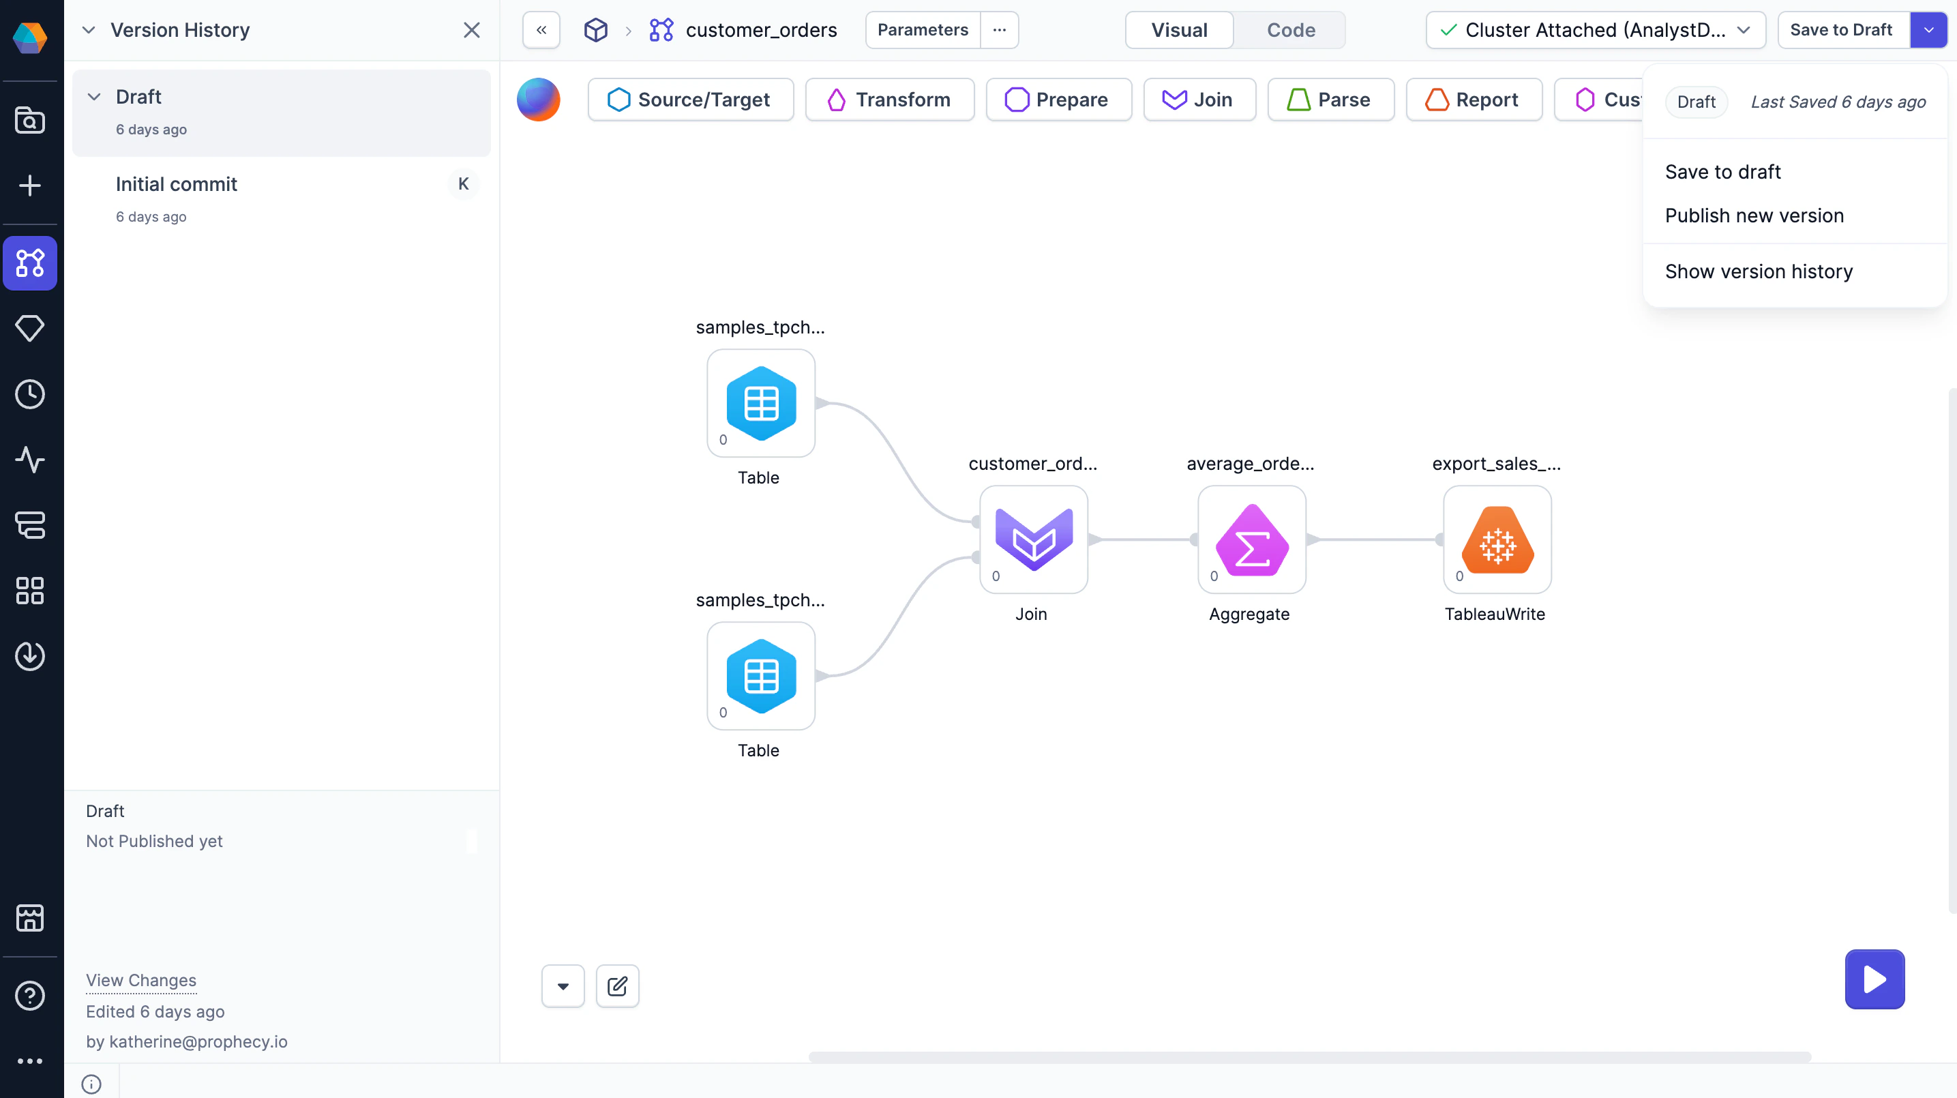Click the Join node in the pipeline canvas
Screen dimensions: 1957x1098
[x=1033, y=539]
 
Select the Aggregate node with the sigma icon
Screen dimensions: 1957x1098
[x=1251, y=539]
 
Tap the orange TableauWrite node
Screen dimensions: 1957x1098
[x=1497, y=539]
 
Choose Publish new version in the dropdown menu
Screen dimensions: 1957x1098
[x=1754, y=216]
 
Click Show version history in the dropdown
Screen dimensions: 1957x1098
[x=1759, y=271]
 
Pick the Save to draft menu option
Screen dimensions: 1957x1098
[x=1722, y=172]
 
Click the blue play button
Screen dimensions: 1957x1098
[x=1874, y=979]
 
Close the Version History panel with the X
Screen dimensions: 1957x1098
[x=472, y=31]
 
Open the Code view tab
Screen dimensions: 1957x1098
[x=1290, y=31]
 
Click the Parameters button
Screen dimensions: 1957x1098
[x=923, y=31]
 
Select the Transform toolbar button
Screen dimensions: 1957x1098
[x=890, y=100]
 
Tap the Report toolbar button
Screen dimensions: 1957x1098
[x=1474, y=100]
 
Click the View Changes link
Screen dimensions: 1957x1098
[x=141, y=980]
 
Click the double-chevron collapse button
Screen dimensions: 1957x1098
[x=541, y=31]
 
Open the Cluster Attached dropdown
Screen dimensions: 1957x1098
[x=1596, y=31]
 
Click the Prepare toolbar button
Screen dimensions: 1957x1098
[x=1058, y=100]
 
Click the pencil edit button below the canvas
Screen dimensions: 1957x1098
[x=617, y=986]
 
